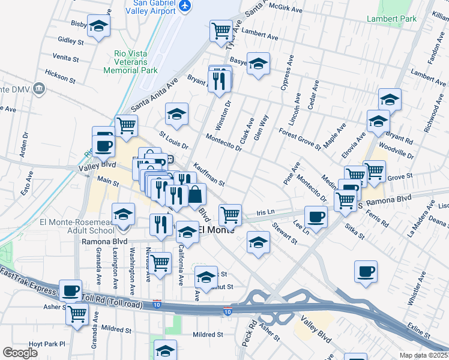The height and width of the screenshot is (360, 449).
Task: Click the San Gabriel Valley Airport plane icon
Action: tap(185, 5)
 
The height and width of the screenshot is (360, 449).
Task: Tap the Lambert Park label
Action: tap(391, 19)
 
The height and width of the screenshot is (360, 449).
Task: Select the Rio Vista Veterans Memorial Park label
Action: tap(130, 62)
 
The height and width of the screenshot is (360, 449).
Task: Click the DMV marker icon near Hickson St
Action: tap(40, 89)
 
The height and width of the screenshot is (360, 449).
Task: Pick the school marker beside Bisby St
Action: tap(98, 26)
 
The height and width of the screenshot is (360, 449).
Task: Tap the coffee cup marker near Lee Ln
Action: tap(316, 216)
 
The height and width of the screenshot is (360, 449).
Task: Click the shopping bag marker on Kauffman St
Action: tap(195, 194)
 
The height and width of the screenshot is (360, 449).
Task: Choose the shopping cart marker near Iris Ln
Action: tap(230, 214)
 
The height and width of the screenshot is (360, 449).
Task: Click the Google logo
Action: tap(20, 353)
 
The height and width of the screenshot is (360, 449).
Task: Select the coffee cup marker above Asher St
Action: tap(70, 290)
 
